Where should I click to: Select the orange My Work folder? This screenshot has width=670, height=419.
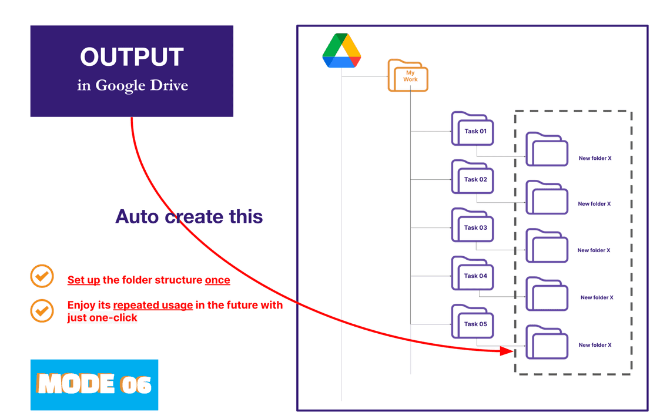click(408, 75)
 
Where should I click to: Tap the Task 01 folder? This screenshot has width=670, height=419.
click(473, 129)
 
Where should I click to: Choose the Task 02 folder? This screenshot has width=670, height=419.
click(473, 177)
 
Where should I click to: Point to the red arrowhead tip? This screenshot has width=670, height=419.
click(512, 351)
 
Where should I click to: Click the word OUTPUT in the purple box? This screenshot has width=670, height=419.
click(132, 57)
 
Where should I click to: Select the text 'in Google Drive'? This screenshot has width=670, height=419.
click(132, 86)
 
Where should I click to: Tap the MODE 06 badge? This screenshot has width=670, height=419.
click(95, 384)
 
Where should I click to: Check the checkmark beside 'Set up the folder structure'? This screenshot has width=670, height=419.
click(42, 276)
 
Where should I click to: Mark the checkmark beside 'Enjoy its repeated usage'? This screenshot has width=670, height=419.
click(42, 310)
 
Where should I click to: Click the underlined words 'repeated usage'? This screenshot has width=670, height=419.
click(153, 305)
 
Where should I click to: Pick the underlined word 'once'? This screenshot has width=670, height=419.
click(217, 280)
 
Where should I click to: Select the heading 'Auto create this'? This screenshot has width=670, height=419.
click(189, 217)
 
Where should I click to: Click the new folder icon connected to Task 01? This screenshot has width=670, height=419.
click(547, 150)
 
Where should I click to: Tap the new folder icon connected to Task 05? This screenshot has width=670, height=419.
click(547, 343)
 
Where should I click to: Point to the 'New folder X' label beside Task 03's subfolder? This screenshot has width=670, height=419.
click(594, 250)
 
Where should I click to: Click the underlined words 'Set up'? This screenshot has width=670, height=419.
click(83, 280)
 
